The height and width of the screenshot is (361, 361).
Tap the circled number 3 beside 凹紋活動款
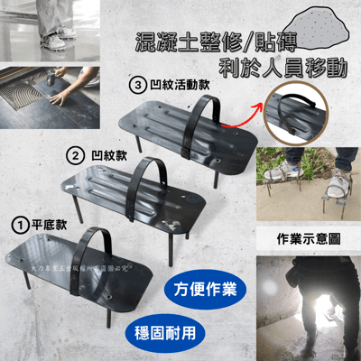pyautogui.click(x=138, y=87)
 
